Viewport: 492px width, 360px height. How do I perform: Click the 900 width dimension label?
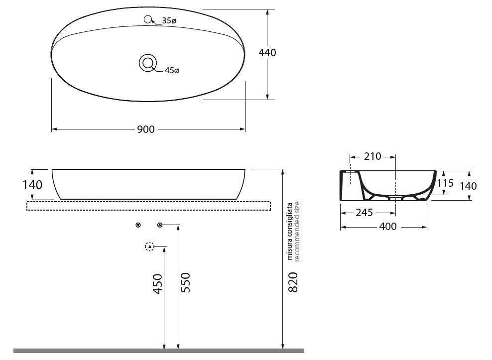[146, 129]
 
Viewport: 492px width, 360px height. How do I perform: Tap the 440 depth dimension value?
[267, 53]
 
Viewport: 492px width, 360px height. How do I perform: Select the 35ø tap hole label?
[169, 21]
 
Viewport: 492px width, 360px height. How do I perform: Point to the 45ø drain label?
[172, 71]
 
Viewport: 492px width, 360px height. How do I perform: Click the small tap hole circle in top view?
[148, 19]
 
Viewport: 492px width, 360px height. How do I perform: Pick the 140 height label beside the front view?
[32, 185]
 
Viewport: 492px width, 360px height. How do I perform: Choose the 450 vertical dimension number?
[158, 284]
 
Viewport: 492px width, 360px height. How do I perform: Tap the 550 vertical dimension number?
[186, 282]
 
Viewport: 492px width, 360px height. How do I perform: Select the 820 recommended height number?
[293, 282]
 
